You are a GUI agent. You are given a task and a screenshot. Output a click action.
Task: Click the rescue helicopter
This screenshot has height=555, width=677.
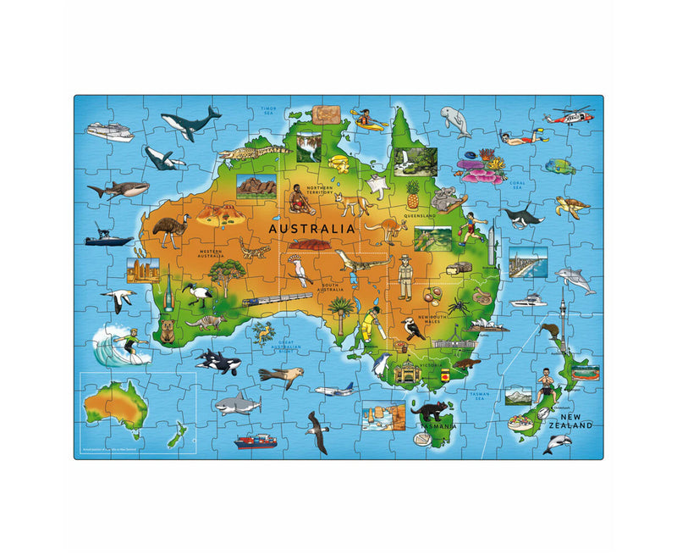(568, 116)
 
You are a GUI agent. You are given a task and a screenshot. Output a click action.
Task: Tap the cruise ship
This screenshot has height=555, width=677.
(109, 131)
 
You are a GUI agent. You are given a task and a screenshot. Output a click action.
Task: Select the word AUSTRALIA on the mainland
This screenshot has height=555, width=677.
(311, 228)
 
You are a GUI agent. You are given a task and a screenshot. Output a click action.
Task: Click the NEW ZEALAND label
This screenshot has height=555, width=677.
(570, 420)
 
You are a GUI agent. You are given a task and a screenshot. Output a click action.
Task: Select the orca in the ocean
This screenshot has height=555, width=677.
(219, 363)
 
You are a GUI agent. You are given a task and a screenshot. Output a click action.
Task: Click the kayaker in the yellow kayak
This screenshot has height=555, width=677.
(369, 119)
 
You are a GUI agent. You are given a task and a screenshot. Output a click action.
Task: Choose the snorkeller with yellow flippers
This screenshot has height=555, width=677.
(521, 136)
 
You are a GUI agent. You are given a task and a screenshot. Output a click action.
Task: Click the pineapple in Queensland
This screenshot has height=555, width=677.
(412, 195)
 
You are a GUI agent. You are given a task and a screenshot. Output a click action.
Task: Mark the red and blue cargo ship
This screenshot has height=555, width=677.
(256, 441)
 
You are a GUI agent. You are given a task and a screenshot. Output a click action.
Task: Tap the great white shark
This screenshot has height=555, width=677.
(236, 405)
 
